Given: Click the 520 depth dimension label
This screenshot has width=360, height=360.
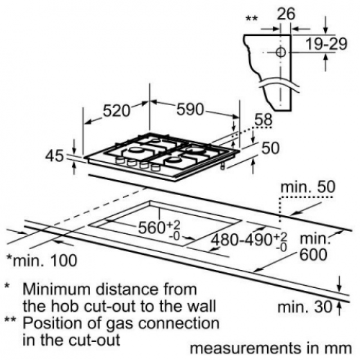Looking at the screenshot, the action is tap(117, 111).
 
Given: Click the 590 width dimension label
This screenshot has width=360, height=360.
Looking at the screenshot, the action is tap(190, 109).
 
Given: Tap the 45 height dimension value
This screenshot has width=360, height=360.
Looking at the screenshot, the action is tap(55, 156).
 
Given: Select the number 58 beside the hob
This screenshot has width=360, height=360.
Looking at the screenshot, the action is tap(264, 120).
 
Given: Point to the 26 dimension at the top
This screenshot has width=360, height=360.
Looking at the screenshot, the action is tap(286, 14).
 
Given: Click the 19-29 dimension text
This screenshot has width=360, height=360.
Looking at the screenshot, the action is tap(326, 44).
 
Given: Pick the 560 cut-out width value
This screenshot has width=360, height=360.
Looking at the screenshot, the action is tap(152, 228).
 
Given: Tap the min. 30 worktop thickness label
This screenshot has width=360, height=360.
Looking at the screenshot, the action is tap(305, 307).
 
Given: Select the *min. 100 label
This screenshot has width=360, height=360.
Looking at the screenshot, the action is tap(42, 261).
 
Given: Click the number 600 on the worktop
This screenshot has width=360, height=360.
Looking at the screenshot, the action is tap(313, 255).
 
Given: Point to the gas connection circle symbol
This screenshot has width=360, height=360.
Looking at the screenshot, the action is tap(280, 52).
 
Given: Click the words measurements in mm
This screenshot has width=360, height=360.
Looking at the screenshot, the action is tap(271, 348).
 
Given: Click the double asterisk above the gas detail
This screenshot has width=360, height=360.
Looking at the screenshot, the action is tap(252, 19).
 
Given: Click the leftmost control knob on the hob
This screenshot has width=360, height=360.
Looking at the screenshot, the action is tap(120, 161).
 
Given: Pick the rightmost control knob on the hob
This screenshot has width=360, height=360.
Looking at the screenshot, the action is tap(156, 167).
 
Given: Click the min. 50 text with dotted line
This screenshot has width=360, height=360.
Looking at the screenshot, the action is tap(307, 187).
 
